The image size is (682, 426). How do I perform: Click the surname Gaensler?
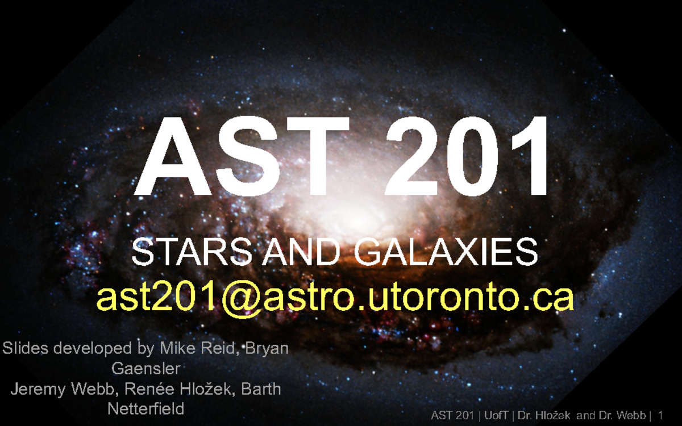(146, 369)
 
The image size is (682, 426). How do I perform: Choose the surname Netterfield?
(146, 409)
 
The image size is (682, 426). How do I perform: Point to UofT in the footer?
(496, 415)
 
